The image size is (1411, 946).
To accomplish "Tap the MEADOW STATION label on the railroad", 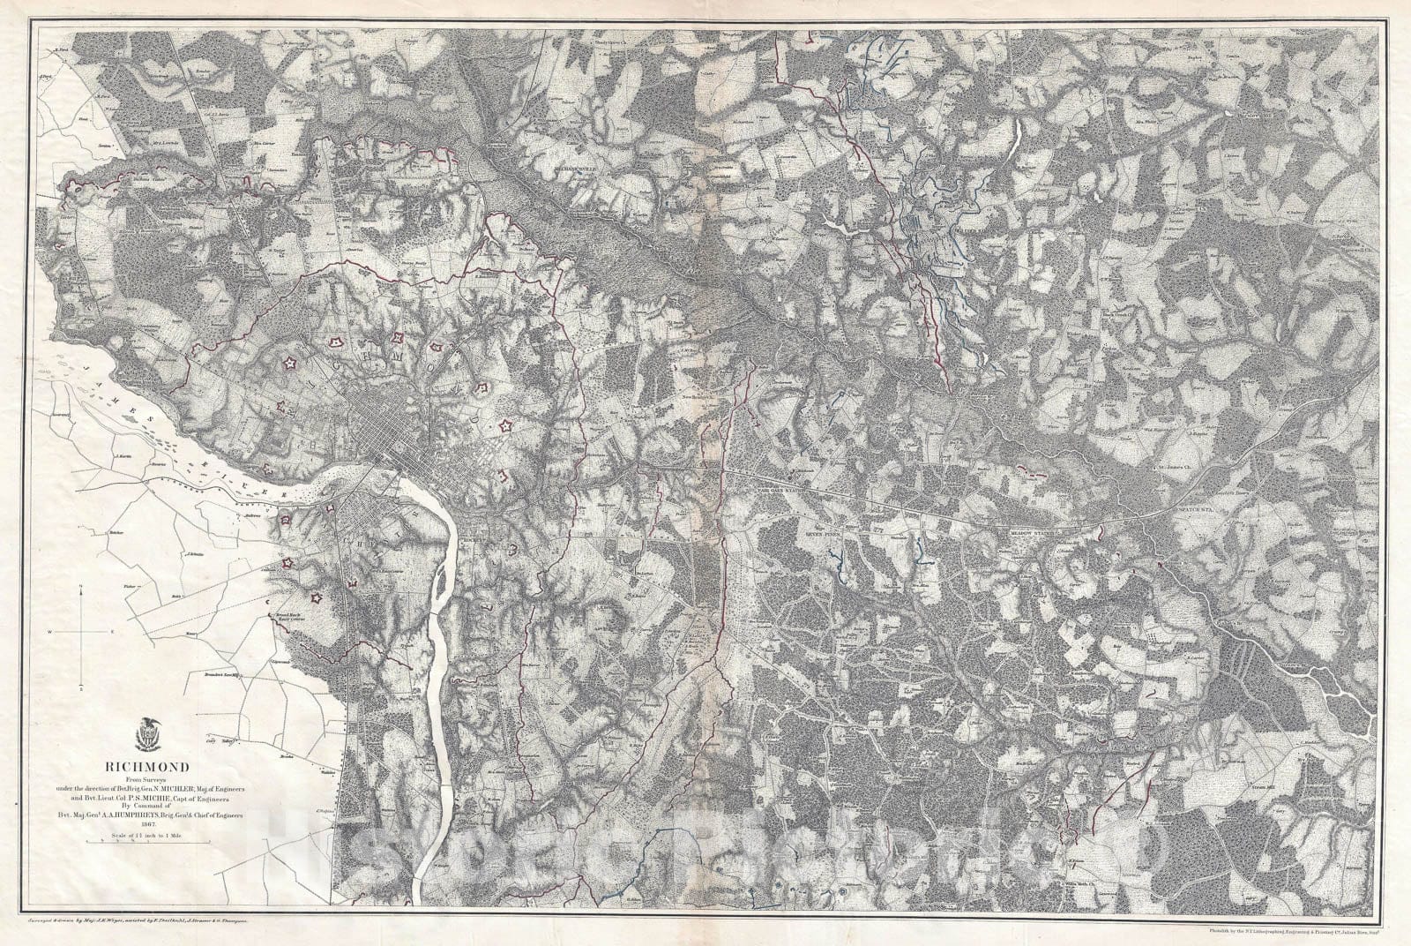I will pyautogui.click(x=1034, y=532).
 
